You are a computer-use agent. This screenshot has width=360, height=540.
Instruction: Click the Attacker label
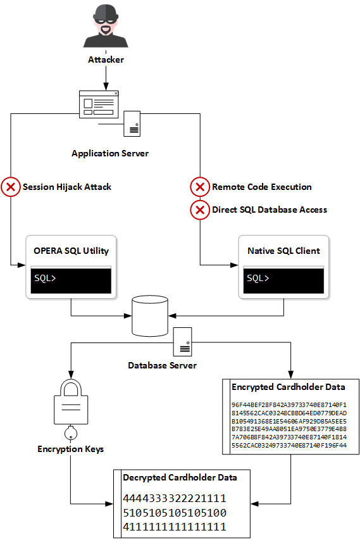pos(106,60)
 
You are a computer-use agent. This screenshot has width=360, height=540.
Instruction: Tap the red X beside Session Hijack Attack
pos(11,187)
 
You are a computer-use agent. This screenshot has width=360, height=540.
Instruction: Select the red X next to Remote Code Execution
pos(200,187)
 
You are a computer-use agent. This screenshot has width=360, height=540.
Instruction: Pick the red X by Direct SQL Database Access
pos(200,210)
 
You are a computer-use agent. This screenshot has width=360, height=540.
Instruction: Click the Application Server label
pos(110,153)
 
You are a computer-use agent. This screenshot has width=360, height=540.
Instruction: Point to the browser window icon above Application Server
pos(99,104)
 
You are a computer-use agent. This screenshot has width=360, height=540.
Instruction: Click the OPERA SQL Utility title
pos(71,251)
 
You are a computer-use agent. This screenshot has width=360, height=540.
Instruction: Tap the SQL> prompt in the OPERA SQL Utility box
pos(45,278)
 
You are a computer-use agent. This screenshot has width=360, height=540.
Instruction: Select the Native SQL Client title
pos(283,251)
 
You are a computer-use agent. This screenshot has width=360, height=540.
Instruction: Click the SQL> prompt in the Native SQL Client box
pos(258,278)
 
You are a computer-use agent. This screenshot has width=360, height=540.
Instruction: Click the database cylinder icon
pos(150,316)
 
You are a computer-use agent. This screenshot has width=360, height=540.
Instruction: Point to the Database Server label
pos(162,365)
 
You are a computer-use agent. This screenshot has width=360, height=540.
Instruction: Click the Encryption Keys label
pos(71,449)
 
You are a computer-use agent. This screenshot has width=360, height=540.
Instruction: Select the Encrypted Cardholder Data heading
pos(289,387)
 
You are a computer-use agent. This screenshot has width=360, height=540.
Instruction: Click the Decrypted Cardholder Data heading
pos(180,478)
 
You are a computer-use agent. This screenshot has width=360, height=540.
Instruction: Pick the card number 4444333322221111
pos(175,498)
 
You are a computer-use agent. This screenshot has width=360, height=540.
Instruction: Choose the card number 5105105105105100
pos(175,513)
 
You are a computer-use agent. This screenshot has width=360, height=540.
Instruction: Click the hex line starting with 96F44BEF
pos(289,405)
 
